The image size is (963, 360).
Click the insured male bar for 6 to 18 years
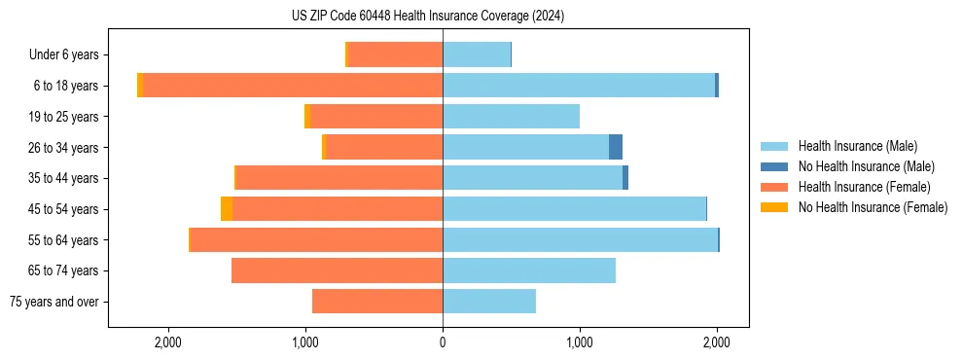(x=579, y=86)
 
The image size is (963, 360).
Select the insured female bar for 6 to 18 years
(x=292, y=86)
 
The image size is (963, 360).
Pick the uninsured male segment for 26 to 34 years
(x=616, y=147)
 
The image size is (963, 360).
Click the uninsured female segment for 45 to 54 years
(x=227, y=209)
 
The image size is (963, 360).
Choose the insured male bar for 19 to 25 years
(x=511, y=117)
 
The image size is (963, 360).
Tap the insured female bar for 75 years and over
(x=377, y=302)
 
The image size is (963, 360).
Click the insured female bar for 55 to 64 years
(x=316, y=239)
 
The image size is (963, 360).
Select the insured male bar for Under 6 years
(x=477, y=55)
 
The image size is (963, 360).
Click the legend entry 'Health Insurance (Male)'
(x=857, y=146)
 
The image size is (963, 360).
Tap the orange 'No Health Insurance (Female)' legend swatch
(x=774, y=207)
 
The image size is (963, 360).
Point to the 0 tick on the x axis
(x=443, y=342)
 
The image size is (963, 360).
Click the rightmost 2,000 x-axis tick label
(x=717, y=342)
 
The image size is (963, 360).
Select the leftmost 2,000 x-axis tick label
(x=168, y=342)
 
